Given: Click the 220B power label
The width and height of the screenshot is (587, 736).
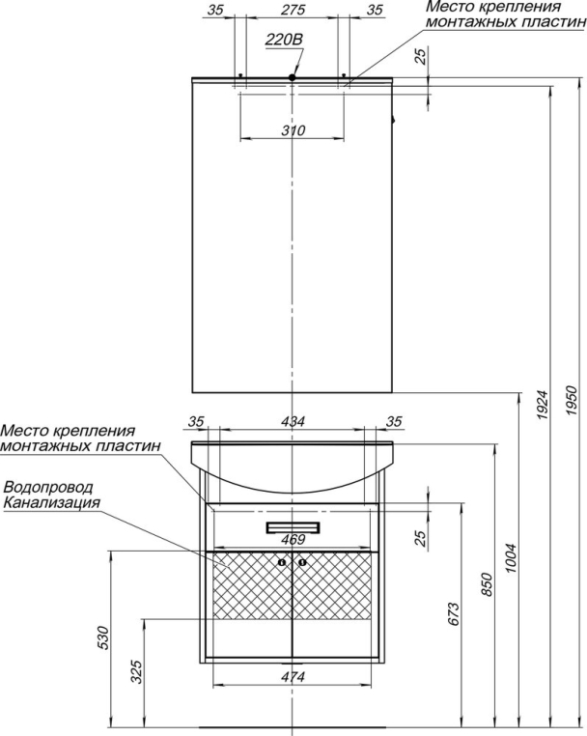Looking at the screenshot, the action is pyautogui.click(x=284, y=41).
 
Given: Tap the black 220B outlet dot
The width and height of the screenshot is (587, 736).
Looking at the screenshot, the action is pyautogui.click(x=292, y=77).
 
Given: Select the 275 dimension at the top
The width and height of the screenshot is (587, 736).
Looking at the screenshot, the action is pyautogui.click(x=293, y=10).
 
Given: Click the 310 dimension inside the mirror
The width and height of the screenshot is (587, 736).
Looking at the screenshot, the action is pyautogui.click(x=293, y=130).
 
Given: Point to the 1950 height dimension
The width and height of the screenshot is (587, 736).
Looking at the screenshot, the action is pyautogui.click(x=571, y=400).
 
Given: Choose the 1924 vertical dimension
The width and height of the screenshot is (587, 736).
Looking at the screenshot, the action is pyautogui.click(x=543, y=405).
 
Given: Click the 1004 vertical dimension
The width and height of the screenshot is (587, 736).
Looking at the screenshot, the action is pyautogui.click(x=511, y=557).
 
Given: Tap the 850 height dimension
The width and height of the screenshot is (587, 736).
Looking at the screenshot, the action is pyautogui.click(x=488, y=584).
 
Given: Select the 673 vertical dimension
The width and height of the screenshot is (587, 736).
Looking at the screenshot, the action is pyautogui.click(x=454, y=613).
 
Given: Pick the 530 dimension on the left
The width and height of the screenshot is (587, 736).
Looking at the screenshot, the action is pyautogui.click(x=103, y=637).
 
